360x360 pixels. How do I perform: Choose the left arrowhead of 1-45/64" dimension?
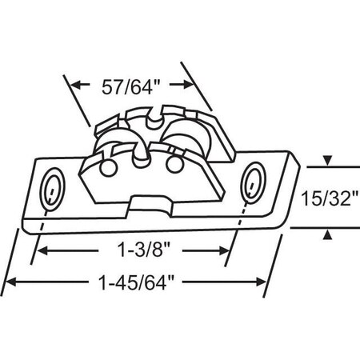(11, 282)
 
